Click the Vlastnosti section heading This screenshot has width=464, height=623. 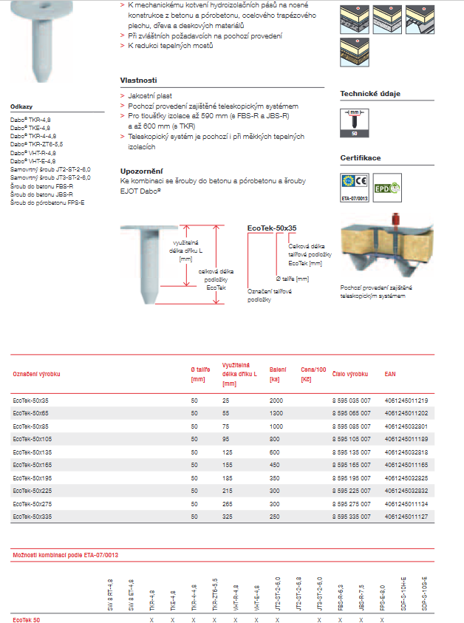(x=138, y=80)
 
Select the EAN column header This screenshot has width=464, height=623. (x=390, y=374)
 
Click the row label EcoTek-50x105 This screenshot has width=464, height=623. (x=33, y=440)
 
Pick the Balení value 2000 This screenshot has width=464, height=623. (x=276, y=400)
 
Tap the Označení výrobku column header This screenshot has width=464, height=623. (x=36, y=374)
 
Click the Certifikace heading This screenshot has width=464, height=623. (x=360, y=158)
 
